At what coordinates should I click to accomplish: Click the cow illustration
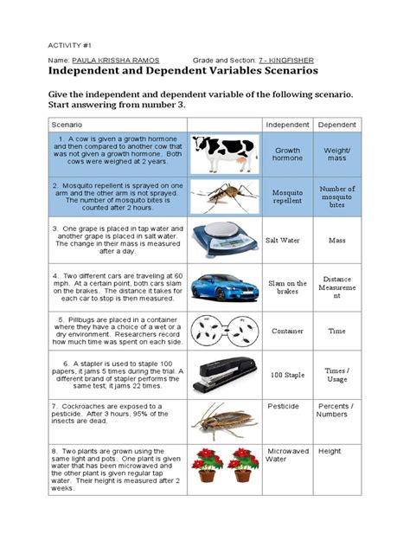pos(223,156)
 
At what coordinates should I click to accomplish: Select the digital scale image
pos(223,240)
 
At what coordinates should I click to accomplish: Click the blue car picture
pos(223,286)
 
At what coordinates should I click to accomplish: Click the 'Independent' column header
pos(287,125)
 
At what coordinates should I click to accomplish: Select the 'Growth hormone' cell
pos(287,155)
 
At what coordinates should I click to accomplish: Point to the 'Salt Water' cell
pos(287,241)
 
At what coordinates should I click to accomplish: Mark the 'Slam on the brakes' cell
pos(288,287)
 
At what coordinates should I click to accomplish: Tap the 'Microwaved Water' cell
pos(287,456)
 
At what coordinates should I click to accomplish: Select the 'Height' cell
pos(330,451)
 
